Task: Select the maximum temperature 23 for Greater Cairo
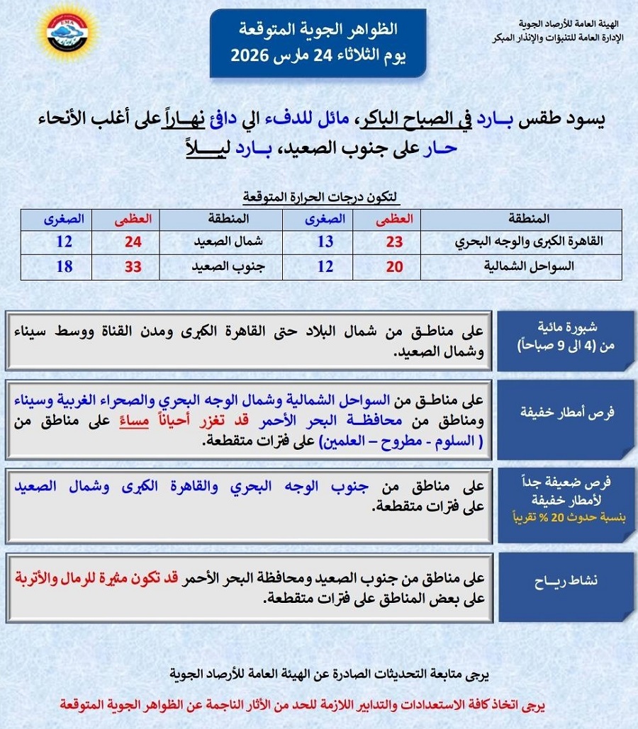(x=394, y=241)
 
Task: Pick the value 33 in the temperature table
(x=134, y=268)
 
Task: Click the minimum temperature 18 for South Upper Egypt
(x=64, y=268)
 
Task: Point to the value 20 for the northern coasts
(x=394, y=268)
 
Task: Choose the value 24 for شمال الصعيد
(x=134, y=241)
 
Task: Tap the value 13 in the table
(x=325, y=241)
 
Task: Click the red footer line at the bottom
(x=320, y=706)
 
